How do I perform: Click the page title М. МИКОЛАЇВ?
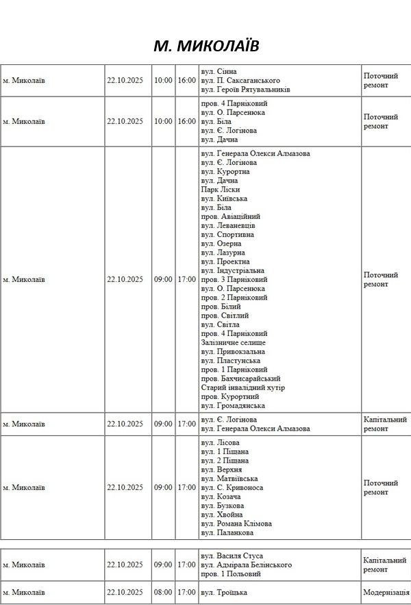pos(206,45)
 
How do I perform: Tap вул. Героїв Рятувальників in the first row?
pos(246,90)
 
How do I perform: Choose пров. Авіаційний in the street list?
pos(231,216)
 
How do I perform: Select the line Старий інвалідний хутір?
pos(243,387)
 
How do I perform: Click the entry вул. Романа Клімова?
pos(236,524)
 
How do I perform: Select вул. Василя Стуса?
pos(232,556)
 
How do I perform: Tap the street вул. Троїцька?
pos(224,592)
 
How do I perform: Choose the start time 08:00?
pos(163,592)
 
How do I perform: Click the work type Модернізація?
pos(386,592)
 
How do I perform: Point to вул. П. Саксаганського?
pos(240,80)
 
